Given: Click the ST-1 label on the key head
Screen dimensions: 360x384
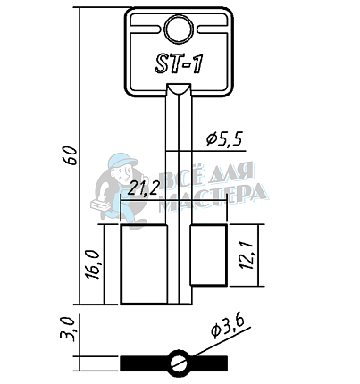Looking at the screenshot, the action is click(x=179, y=64).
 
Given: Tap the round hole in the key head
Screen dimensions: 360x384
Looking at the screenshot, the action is click(x=179, y=29).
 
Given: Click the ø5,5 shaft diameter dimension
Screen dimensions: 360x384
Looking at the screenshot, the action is click(x=225, y=138).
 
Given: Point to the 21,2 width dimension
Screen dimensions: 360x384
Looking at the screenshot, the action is click(x=142, y=188).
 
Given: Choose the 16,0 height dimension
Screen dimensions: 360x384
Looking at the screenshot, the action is click(x=92, y=264).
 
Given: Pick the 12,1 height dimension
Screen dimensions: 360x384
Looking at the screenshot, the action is click(x=247, y=255).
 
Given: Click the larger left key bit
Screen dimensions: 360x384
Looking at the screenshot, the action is click(x=144, y=264).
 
